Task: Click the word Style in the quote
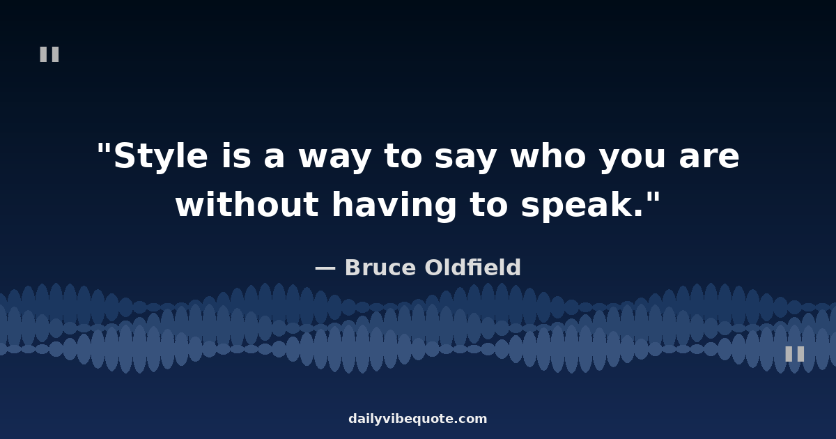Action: [160, 156]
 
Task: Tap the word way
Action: [334, 158]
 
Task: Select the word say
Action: [466, 158]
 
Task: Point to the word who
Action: [548, 155]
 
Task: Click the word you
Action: [633, 158]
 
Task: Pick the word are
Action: [709, 157]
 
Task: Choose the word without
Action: [247, 203]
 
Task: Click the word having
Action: [394, 206]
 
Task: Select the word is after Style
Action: [236, 155]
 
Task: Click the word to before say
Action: [403, 156]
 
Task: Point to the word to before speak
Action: [489, 205]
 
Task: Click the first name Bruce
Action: [380, 268]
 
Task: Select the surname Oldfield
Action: [472, 268]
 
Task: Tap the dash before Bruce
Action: [325, 268]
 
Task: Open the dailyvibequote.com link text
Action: [417, 419]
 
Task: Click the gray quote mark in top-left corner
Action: [49, 54]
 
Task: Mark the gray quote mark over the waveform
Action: [795, 353]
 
